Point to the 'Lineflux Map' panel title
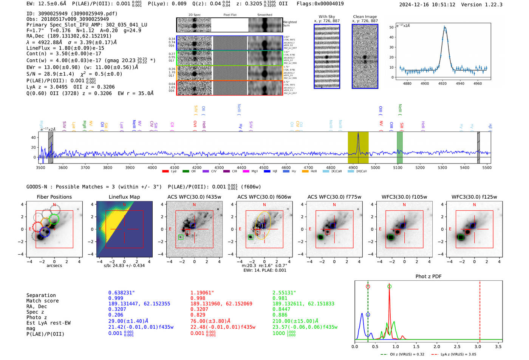click(124, 197)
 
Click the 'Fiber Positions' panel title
click(54, 197)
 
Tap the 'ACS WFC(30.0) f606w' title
click(264, 197)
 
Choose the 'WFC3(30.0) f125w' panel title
click(474, 197)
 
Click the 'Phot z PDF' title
click(428, 277)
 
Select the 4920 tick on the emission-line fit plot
click(442, 83)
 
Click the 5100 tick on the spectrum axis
click(398, 168)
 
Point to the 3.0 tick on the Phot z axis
click(478, 346)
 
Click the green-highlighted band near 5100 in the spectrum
click(400, 147)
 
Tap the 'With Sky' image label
click(327, 17)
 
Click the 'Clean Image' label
click(365, 17)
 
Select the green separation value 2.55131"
click(284, 293)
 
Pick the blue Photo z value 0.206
click(116, 315)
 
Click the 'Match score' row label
click(42, 301)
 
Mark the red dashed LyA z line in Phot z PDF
click(480, 310)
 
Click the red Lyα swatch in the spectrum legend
click(165, 172)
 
